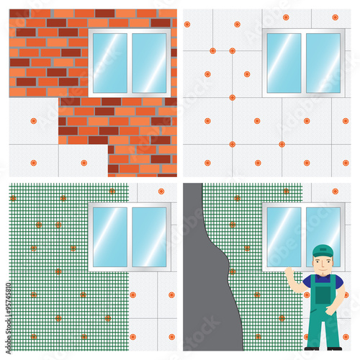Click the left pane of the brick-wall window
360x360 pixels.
click(110, 63)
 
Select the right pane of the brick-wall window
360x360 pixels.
click(149, 63)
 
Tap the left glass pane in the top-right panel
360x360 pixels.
click(284, 63)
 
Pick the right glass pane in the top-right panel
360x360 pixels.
click(323, 63)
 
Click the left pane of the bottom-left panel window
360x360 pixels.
click(110, 237)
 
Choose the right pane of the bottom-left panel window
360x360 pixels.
click(149, 237)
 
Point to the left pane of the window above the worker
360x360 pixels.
click(284, 235)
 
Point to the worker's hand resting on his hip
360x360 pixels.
click(332, 310)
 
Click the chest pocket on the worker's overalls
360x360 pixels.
click(322, 294)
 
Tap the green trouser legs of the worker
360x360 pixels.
click(322, 328)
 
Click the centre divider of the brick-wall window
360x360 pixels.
click(130, 63)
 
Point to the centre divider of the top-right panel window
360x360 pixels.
click(303, 63)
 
